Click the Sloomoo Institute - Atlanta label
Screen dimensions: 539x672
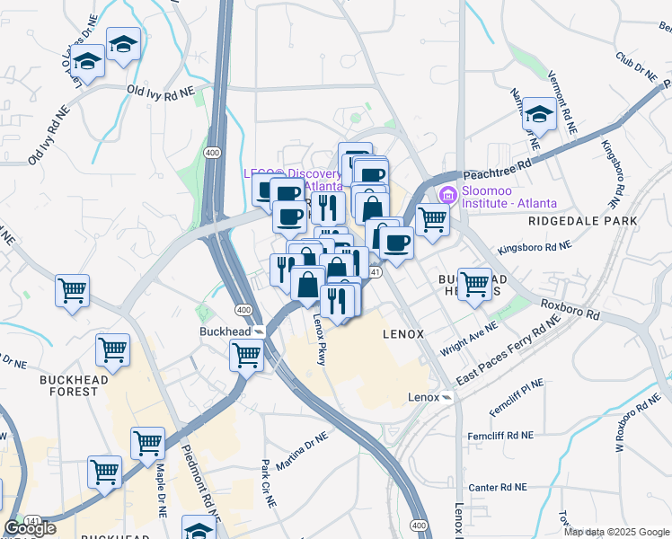point(508,197)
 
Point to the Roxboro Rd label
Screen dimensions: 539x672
point(570,310)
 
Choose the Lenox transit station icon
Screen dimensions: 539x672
point(447,397)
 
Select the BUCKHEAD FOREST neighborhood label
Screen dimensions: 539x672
point(81,385)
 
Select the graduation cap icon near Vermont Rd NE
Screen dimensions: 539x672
point(539,113)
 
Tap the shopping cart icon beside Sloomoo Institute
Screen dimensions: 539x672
point(433,218)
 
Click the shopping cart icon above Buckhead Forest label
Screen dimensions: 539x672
point(112,349)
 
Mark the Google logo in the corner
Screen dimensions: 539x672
point(30,528)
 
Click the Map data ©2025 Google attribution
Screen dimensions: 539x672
point(617,532)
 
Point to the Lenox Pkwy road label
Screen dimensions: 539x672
point(319,338)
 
